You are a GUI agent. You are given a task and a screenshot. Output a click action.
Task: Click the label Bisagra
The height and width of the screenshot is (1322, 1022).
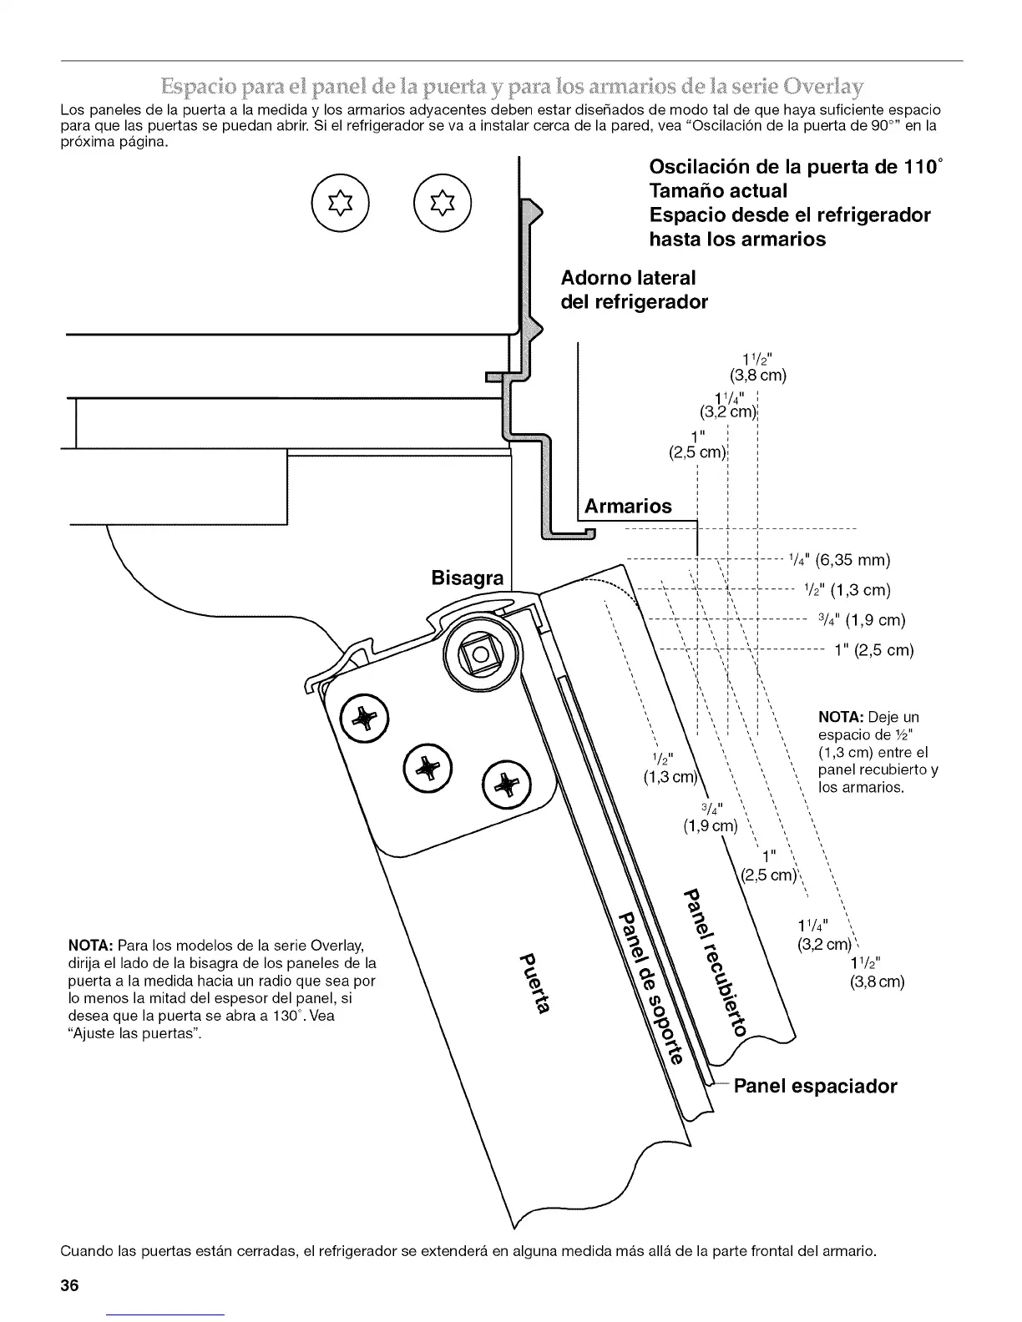tap(468, 578)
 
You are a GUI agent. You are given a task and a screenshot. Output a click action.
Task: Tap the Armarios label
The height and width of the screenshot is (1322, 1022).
tap(628, 506)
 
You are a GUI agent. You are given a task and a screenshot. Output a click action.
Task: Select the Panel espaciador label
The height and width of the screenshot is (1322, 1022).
tap(814, 1086)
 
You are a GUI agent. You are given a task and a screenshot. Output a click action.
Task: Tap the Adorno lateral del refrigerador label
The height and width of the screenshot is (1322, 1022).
tap(634, 289)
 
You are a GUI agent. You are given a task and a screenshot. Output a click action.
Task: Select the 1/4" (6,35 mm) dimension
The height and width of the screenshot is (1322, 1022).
tap(839, 559)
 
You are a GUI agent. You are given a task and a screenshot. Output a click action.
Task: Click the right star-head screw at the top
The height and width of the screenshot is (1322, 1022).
tap(443, 204)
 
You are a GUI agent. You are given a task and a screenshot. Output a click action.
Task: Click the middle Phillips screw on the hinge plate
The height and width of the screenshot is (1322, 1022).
tap(427, 764)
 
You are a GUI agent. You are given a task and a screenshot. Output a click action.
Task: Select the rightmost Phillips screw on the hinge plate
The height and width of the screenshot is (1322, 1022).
tap(507, 785)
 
